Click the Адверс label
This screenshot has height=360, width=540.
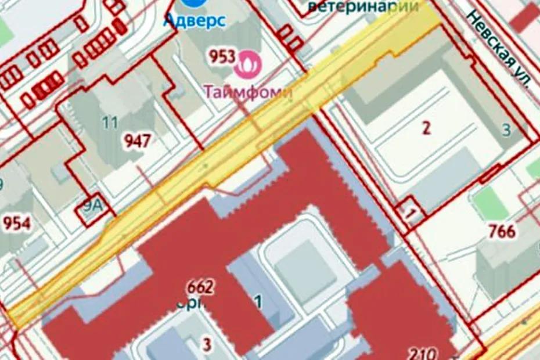click(194, 20)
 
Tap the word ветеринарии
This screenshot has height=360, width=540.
click(363, 6)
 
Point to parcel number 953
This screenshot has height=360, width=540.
click(222, 57)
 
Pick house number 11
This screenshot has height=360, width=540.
click(109, 123)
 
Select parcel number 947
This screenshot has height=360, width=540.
click(137, 141)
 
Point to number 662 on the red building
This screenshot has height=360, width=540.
click(200, 287)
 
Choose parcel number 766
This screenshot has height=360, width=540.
click(502, 231)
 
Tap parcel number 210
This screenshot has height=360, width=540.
click(423, 352)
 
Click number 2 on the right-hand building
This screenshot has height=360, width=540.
click(426, 128)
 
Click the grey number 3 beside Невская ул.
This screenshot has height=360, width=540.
click(506, 131)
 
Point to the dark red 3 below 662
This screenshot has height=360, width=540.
click(207, 344)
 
